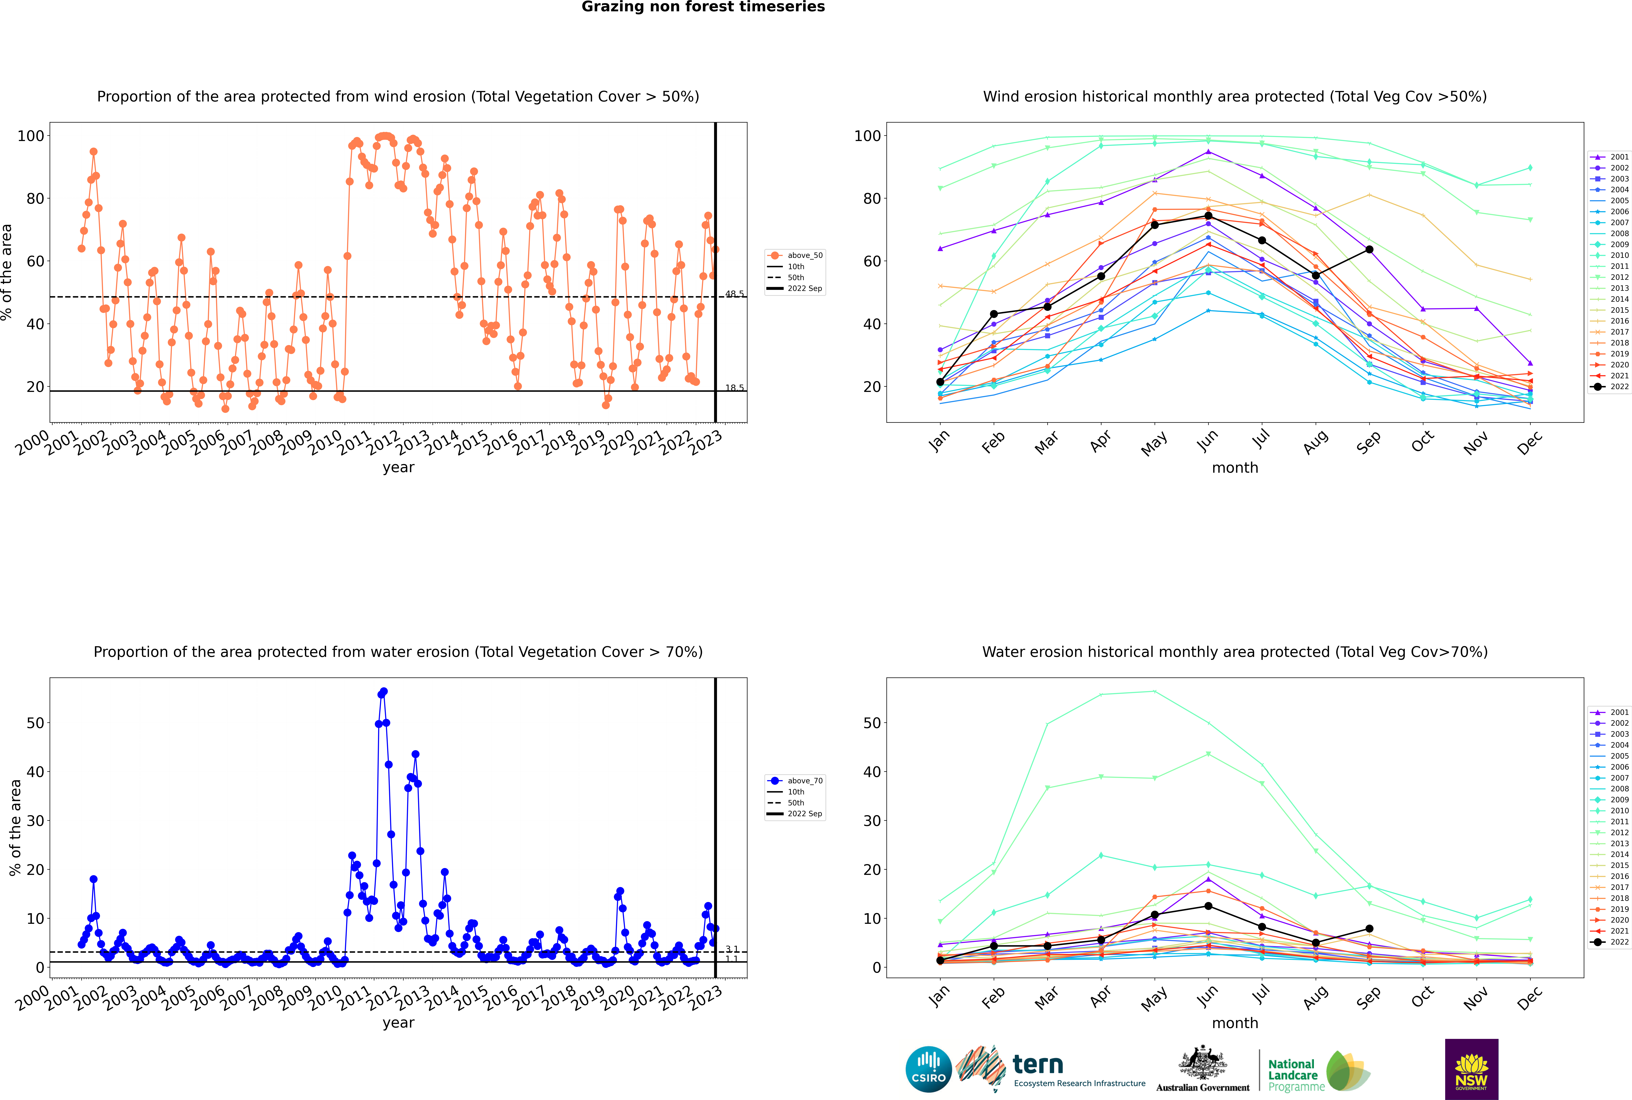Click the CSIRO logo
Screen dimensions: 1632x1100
pos(928,1069)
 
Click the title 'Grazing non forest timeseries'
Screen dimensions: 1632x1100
pos(703,7)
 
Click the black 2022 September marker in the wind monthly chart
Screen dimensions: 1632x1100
pos(1369,250)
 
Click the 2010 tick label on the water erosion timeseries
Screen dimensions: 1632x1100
pos(326,998)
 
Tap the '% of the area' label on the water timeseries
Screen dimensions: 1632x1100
pos(15,828)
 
